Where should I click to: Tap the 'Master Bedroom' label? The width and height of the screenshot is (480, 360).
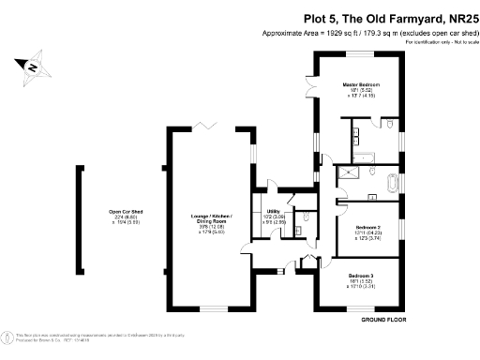click(x=360, y=84)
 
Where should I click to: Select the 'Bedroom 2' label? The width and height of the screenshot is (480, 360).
click(x=367, y=228)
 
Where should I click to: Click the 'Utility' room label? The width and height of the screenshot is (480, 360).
click(x=274, y=211)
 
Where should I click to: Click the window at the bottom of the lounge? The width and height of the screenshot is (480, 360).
click(x=212, y=308)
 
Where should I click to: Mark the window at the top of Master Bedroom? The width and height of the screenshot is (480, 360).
click(x=362, y=53)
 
